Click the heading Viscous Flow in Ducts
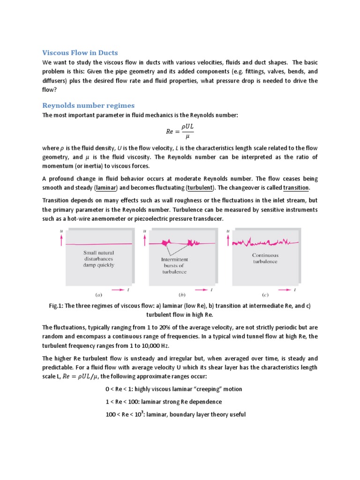pos(80,52)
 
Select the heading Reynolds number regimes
pos(88,105)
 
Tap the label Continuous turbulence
pos(265,258)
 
